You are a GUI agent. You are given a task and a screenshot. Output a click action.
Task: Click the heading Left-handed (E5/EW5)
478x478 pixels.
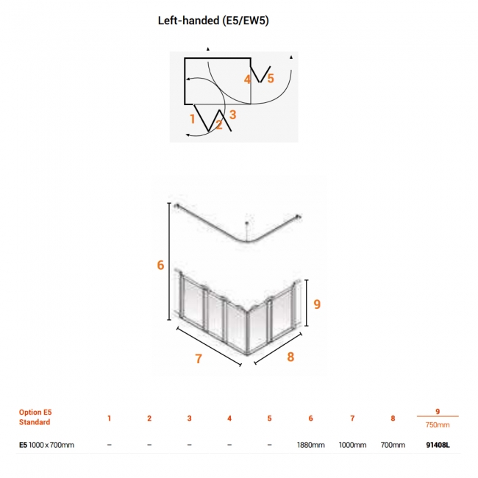(213, 21)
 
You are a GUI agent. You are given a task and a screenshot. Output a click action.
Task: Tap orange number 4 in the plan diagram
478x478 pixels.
(247, 79)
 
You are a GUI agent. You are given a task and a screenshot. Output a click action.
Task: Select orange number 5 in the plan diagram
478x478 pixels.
(271, 79)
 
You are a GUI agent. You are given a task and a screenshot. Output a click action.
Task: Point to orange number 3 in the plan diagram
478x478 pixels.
(233, 115)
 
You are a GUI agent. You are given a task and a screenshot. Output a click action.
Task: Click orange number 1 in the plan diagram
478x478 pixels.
(192, 119)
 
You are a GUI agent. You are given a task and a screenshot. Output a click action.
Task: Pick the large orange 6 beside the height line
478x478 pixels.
(160, 265)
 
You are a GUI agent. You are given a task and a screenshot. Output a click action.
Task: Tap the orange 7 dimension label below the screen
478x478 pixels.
(199, 359)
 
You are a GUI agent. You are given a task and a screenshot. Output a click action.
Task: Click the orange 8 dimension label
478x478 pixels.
(290, 357)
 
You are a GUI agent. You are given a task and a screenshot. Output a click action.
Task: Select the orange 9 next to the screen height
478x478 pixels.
(317, 304)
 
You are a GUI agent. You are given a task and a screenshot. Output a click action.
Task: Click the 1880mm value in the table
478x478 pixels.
(310, 445)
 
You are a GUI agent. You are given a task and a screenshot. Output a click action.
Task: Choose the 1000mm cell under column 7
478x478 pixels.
(352, 445)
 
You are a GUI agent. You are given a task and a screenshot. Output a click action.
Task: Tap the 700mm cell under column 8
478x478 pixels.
(393, 445)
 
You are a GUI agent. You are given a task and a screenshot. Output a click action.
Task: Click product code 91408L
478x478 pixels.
(438, 445)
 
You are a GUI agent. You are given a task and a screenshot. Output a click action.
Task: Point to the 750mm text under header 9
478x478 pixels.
(438, 424)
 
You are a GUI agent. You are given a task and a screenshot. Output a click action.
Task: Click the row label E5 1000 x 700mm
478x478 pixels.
(46, 445)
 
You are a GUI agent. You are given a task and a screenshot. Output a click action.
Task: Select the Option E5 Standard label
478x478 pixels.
(35, 417)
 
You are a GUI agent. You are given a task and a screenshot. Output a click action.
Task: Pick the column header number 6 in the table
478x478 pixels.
(310, 418)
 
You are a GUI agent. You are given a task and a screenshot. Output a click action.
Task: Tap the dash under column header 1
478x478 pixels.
(109, 445)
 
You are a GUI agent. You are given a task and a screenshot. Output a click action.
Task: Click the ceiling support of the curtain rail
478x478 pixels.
(246, 232)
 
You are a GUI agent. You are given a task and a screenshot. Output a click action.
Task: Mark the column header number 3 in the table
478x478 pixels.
(189, 418)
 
